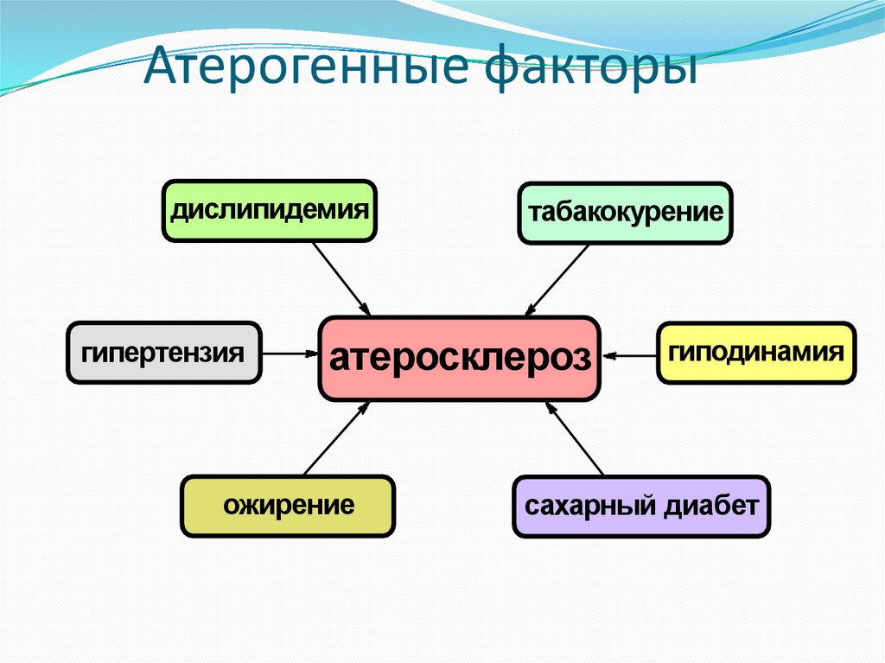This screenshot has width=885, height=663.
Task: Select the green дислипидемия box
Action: [x=270, y=210]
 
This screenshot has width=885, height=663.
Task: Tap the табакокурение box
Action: [x=625, y=212]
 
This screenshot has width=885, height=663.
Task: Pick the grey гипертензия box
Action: [x=163, y=353]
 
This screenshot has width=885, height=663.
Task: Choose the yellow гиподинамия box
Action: [x=756, y=353]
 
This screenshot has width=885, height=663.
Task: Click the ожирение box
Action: [x=288, y=506]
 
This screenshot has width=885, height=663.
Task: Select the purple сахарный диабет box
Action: [x=640, y=507]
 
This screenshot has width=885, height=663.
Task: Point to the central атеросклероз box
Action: [x=459, y=359]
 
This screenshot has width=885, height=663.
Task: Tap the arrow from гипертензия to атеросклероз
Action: [x=289, y=353]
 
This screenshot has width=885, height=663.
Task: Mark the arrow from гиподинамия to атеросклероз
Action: [x=630, y=354]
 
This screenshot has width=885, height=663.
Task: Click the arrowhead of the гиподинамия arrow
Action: [x=608, y=354]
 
